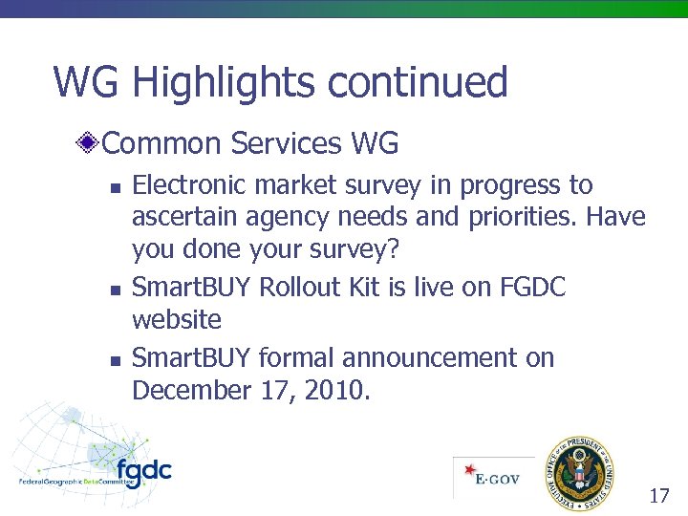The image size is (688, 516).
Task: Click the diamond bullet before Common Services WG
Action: [x=87, y=144]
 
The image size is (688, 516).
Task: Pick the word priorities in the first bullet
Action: [x=523, y=218]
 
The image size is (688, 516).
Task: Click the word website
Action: [x=177, y=319]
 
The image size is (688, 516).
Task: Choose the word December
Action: [x=192, y=390]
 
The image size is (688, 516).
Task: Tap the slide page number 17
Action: [x=658, y=495]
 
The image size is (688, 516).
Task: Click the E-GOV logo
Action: [x=494, y=476]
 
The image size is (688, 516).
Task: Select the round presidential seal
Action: [x=579, y=472]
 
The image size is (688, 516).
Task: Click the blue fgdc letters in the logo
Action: [x=143, y=471]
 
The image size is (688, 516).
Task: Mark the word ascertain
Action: [x=185, y=218]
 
